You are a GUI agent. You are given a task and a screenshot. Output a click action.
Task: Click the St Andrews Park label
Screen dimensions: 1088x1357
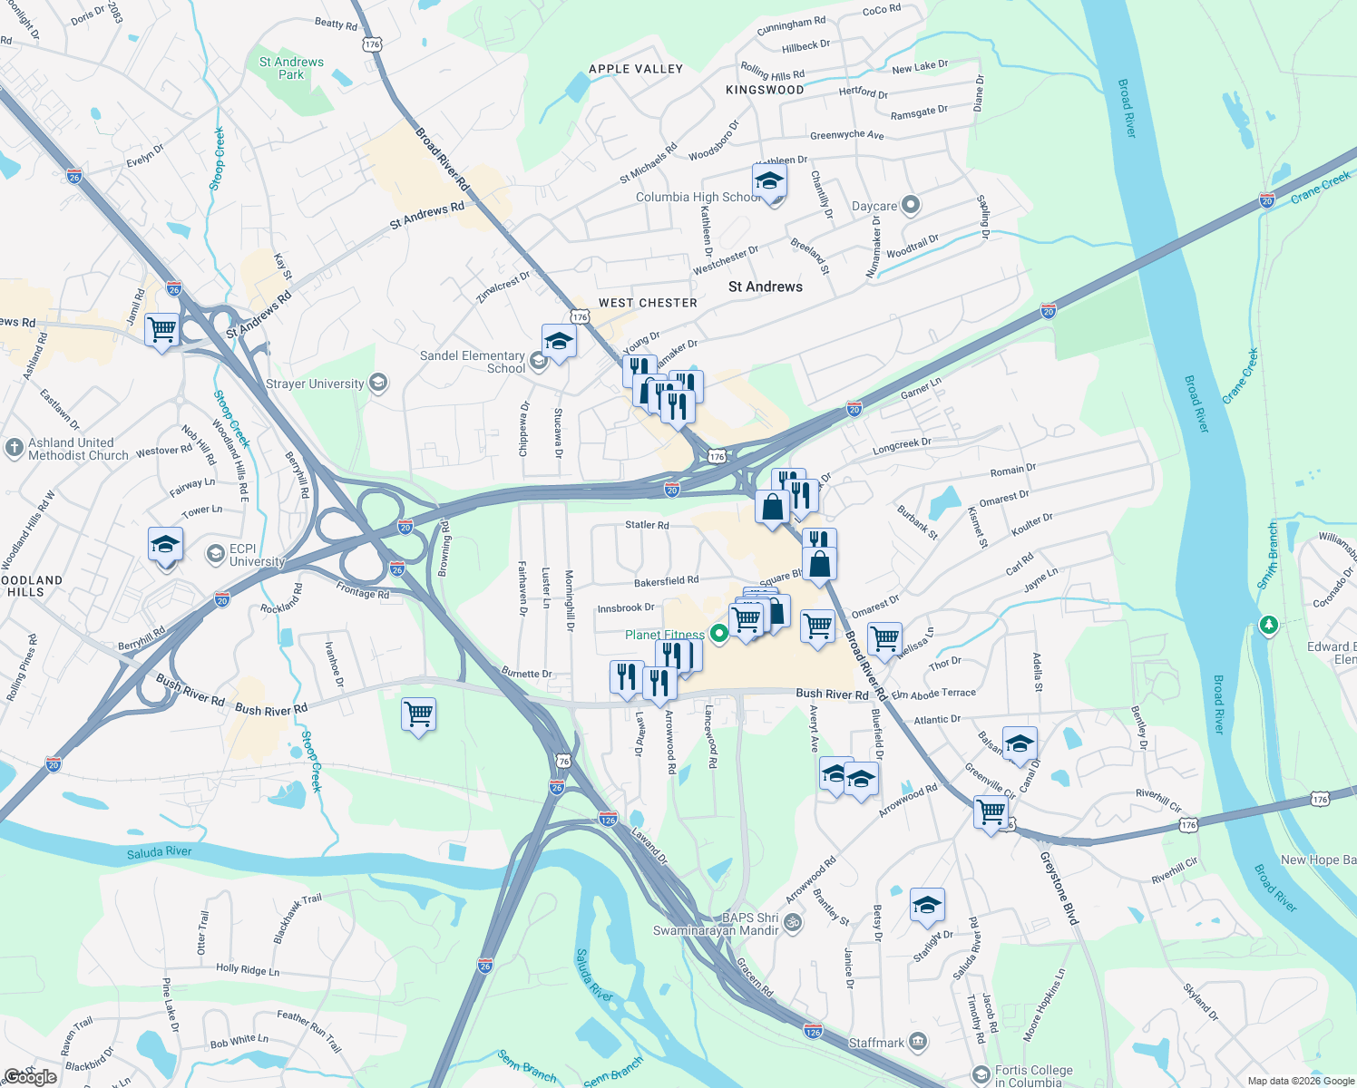coord(291,68)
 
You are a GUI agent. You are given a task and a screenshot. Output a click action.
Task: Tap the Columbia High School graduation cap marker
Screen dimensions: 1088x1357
coord(769,182)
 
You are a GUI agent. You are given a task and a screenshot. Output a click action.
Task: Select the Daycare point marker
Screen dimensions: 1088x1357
coord(911,206)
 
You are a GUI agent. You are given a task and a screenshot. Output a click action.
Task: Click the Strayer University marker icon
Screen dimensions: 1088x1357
coord(378,384)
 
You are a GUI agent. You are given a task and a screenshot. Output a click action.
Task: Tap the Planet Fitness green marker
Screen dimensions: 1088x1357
coord(719,634)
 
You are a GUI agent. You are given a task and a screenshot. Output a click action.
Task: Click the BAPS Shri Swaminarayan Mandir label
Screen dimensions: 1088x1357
coord(717,924)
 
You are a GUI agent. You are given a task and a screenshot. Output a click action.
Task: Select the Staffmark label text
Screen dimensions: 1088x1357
coord(876,1043)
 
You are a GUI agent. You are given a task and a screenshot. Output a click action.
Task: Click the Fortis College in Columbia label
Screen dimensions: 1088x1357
coord(1033,1076)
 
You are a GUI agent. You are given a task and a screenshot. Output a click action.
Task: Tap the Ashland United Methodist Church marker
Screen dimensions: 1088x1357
coord(14,448)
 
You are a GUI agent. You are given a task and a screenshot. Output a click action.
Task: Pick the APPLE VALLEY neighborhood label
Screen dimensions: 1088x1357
coord(636,69)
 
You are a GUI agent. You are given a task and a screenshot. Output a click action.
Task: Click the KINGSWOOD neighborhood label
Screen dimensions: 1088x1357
coord(765,90)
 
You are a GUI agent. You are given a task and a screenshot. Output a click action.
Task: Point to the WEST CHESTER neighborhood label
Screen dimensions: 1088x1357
coord(648,303)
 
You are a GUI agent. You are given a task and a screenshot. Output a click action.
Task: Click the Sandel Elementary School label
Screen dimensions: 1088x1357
coord(473,362)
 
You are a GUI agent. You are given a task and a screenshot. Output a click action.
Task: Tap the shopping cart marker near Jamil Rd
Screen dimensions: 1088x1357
coord(161,329)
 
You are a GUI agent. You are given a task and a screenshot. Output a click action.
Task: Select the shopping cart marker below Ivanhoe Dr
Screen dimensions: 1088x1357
coord(418,714)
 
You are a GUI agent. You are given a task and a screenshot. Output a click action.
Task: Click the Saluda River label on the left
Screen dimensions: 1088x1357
coord(160,852)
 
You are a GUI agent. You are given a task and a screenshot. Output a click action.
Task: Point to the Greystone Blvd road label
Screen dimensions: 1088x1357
coord(1059,888)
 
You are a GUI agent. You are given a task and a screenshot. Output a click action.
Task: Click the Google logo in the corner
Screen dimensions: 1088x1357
coord(31,1077)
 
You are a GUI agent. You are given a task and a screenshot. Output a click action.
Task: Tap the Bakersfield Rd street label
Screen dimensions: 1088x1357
coord(667,580)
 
